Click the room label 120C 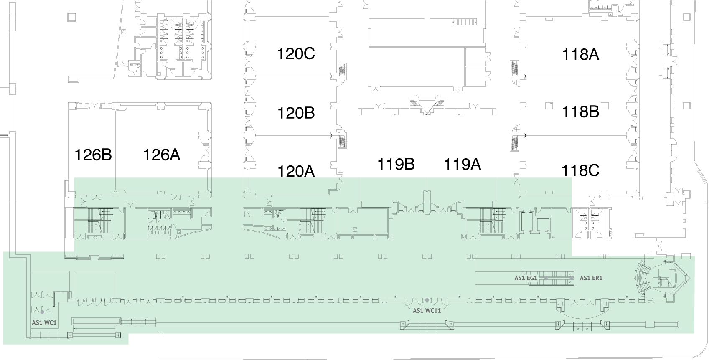296,54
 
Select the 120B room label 296,113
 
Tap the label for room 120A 296,171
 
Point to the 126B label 93,155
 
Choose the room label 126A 162,155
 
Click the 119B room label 396,164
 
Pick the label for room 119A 462,164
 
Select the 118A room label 580,55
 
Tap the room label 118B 580,112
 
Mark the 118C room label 580,170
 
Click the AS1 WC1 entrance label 44,322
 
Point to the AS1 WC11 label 427,310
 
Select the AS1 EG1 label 525,277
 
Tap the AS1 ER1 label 591,278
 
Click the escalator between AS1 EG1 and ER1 552,278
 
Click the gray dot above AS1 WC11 427,300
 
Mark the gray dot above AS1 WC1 42,312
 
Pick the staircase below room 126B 100,223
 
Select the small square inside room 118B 549,106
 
